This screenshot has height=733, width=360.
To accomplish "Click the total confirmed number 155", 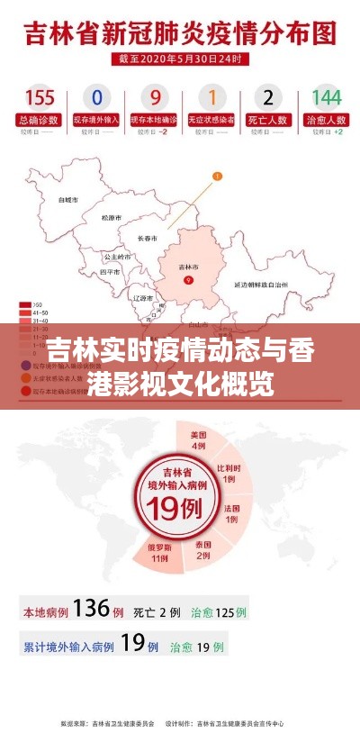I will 39,97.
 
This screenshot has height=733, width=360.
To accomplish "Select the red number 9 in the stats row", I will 155,97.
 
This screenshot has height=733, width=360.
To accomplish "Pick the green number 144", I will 326,97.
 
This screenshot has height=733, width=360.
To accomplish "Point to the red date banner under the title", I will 179,59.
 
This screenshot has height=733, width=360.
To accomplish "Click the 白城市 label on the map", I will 67,199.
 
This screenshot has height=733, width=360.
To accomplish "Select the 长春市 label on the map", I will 147,238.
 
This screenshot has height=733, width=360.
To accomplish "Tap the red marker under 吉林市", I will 188,281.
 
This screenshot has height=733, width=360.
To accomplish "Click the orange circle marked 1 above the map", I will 216,176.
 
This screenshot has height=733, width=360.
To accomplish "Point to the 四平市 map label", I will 110,271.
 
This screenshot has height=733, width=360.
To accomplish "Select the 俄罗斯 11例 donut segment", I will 159,552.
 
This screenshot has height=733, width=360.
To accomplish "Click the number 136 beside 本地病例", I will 92,609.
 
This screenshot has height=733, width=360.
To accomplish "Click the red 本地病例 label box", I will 45,611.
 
